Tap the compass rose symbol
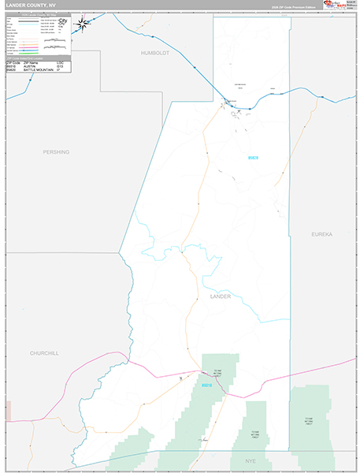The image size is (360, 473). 81,24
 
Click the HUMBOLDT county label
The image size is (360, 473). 150,53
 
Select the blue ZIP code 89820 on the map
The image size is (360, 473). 252,158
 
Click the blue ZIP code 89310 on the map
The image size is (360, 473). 207,385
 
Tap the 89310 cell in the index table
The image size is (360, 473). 11,66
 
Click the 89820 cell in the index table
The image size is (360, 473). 11,70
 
